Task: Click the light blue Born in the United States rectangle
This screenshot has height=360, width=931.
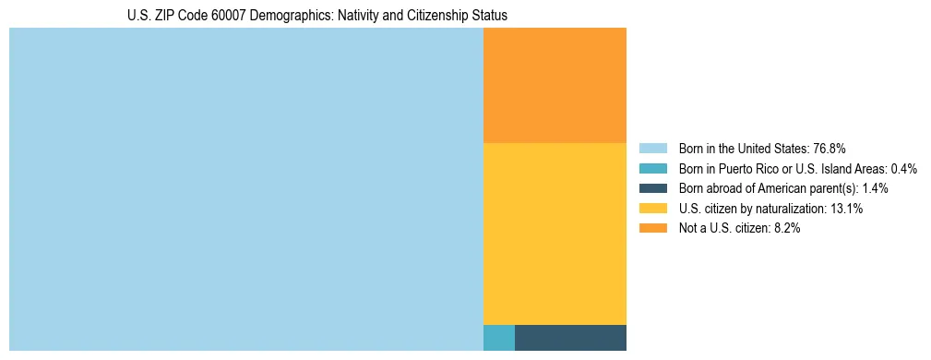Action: [x=245, y=189]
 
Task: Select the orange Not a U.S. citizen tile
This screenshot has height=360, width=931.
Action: [x=555, y=85]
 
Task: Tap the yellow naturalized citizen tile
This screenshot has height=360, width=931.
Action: [x=555, y=234]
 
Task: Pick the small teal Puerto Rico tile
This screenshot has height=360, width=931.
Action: [x=498, y=338]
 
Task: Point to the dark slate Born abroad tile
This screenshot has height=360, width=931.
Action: [x=570, y=338]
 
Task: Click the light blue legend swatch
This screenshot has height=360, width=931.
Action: [x=652, y=148]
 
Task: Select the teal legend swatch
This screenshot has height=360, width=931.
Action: [x=652, y=168]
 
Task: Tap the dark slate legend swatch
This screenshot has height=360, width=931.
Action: [x=652, y=188]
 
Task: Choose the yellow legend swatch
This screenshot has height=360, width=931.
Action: [x=652, y=209]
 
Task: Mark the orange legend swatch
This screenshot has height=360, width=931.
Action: [x=652, y=229]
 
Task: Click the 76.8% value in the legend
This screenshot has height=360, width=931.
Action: [x=829, y=148]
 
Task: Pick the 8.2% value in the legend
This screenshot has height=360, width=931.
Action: [x=784, y=229]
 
